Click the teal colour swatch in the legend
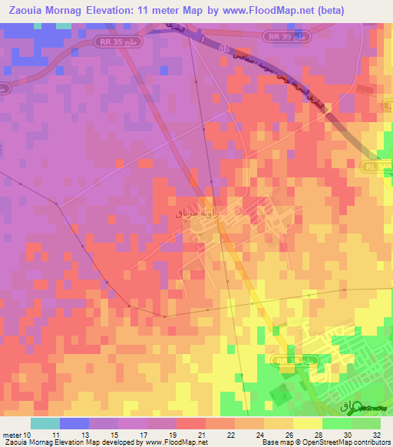pos(45,423)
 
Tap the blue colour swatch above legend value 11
pos(74,423)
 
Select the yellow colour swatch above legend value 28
pos(308,423)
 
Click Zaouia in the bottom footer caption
pos(16,442)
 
